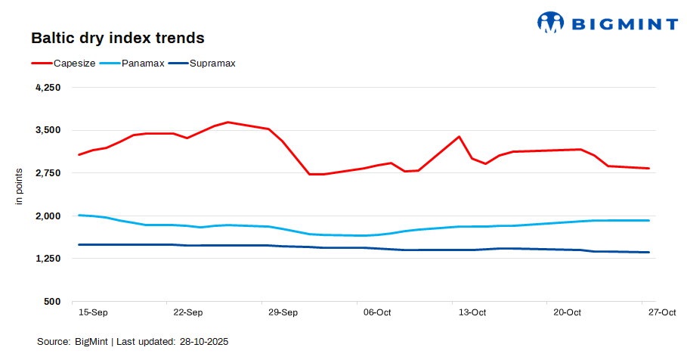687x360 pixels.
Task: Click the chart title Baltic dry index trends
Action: [117, 38]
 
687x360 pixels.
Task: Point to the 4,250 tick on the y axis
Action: [48, 88]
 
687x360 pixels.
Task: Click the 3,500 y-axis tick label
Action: [48, 130]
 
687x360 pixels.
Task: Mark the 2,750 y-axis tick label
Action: [48, 173]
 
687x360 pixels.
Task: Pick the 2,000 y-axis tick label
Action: [48, 216]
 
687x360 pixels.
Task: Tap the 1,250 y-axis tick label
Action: [48, 259]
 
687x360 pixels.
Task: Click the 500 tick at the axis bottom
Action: [52, 302]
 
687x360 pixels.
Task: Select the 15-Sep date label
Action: [93, 312]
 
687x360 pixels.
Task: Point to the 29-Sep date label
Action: [283, 312]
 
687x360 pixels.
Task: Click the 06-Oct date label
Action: [377, 312]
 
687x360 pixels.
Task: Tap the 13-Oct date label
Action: [472, 312]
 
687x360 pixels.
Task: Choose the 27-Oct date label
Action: [662, 312]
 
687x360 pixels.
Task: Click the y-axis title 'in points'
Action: [20, 186]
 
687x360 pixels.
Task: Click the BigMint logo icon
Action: [551, 23]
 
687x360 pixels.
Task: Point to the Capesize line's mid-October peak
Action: [459, 137]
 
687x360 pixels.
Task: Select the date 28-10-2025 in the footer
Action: [204, 342]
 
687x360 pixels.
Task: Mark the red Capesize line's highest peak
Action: [228, 122]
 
